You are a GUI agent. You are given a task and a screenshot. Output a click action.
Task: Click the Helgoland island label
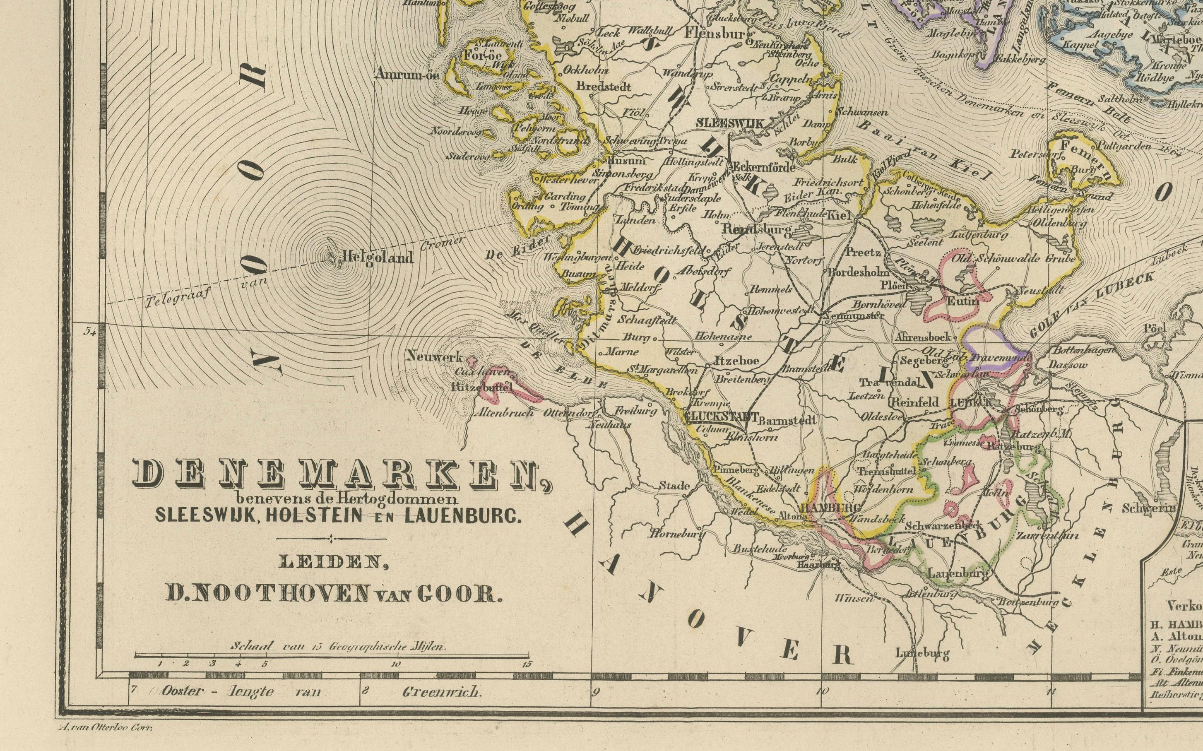click(x=377, y=258)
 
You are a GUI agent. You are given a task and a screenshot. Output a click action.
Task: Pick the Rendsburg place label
click(x=757, y=229)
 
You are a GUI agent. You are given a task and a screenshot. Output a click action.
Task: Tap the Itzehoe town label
click(x=736, y=361)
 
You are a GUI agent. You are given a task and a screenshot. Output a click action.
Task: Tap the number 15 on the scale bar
click(x=527, y=664)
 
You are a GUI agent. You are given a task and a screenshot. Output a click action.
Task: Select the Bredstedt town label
click(x=603, y=87)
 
